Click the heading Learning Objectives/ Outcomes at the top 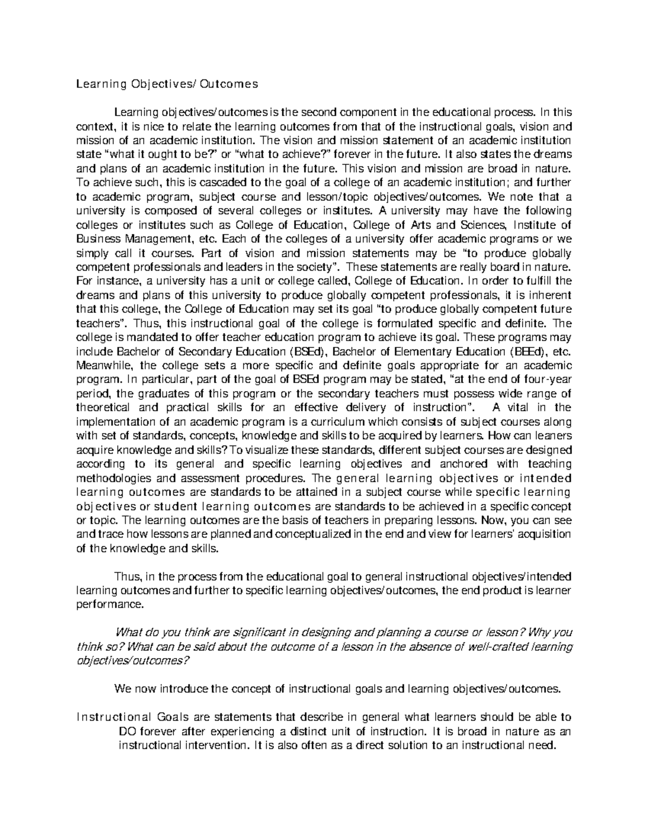167,84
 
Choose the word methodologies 113,478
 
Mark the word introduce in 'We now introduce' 183,690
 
